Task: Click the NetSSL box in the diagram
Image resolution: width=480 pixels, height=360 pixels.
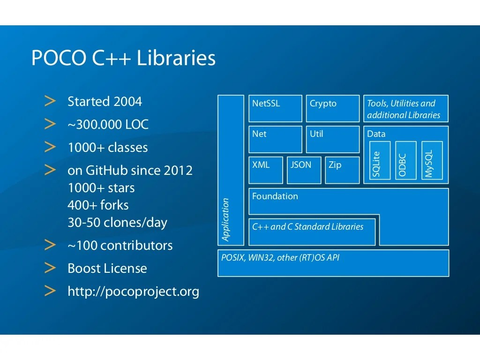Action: pos(275,109)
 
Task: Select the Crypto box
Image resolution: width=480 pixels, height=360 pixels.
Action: pos(333,109)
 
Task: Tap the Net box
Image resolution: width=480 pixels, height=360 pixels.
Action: pos(275,139)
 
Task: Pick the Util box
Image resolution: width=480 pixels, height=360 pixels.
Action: pos(333,139)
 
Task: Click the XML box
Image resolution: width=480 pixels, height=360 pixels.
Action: pos(266,170)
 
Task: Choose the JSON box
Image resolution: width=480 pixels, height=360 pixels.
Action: pos(304,170)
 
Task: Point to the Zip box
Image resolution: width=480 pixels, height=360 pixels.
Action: pos(342,170)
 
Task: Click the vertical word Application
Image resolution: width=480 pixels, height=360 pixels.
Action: pos(226,219)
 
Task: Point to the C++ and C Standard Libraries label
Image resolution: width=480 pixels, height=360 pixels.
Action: pos(307,227)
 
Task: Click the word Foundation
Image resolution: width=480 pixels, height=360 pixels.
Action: pos(275,196)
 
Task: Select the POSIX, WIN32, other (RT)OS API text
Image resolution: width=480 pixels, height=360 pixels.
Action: pos(280,258)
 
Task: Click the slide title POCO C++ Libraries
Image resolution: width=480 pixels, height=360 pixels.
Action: pos(123,59)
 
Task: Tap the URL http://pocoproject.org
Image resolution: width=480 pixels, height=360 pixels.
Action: pos(133,292)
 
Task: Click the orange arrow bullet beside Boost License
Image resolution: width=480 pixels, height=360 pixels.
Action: pos(50,268)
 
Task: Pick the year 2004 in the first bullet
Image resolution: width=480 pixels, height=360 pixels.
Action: pos(127,102)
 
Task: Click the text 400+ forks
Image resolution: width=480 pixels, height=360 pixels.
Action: pos(98,205)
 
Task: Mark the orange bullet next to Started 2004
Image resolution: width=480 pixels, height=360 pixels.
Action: pos(50,101)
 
